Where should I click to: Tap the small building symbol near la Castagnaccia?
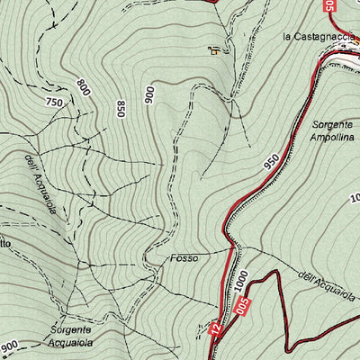coord(215,50)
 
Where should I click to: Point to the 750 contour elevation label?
coord(54,103)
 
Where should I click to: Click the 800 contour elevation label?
coord(85,87)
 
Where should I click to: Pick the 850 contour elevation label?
coord(120,109)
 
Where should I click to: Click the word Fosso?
coord(184,257)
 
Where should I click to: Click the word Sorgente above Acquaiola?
coord(70,330)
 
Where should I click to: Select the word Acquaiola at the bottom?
coord(70,344)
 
